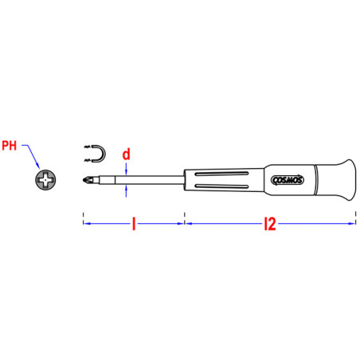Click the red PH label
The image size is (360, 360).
(x=10, y=146)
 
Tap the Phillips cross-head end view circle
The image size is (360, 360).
(x=45, y=180)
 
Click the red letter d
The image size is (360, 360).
(x=127, y=155)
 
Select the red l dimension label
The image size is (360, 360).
(x=134, y=224)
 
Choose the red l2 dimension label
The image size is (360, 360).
(x=270, y=224)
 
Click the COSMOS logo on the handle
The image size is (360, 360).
(x=288, y=180)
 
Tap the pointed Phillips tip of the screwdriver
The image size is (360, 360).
(x=84, y=180)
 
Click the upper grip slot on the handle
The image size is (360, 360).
(x=221, y=174)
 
